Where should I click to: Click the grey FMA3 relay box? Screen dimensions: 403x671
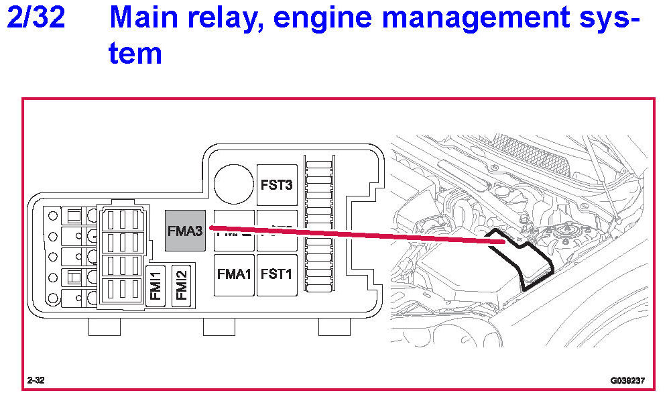coord(185,231)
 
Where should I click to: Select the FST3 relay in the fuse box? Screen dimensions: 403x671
coord(276,184)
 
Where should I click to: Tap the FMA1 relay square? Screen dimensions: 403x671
coord(234,274)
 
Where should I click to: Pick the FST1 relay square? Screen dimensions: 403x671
coord(276,274)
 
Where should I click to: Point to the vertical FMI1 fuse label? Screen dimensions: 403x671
coord(156,285)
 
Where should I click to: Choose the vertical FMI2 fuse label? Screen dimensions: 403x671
coord(181,285)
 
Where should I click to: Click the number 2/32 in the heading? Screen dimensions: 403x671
coord(36,17)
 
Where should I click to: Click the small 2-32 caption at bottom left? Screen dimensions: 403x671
coord(36,381)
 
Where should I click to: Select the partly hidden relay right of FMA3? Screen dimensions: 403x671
coord(234,231)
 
